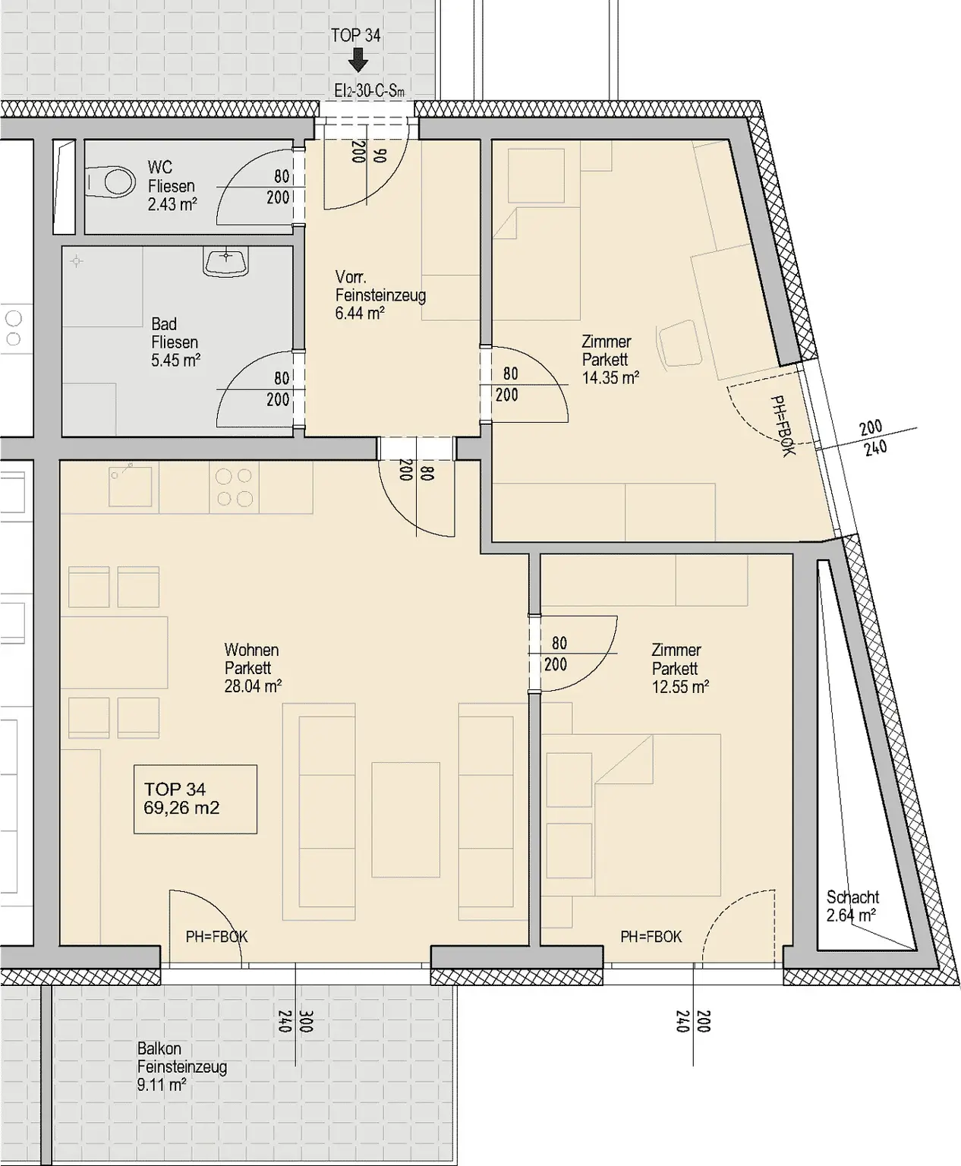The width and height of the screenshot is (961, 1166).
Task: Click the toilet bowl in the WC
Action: click(x=112, y=181)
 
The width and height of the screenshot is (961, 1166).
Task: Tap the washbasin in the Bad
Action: click(x=226, y=263)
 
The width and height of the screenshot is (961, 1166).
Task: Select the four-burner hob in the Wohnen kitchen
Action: click(x=234, y=487)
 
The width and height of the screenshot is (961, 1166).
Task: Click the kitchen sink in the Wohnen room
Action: click(x=130, y=486)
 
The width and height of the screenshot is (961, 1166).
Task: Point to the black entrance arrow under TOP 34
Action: click(x=358, y=60)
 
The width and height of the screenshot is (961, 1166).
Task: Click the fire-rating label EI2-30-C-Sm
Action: click(x=369, y=90)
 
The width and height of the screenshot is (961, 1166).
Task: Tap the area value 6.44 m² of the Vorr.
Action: click(x=360, y=314)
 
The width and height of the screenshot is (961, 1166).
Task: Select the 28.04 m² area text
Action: click(x=253, y=685)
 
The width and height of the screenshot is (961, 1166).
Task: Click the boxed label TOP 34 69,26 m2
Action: click(x=195, y=799)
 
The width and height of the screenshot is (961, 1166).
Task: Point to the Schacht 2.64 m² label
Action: click(x=852, y=906)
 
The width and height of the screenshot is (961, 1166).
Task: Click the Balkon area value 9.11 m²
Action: click(x=162, y=1085)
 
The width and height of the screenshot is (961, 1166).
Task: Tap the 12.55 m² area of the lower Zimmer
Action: click(x=680, y=686)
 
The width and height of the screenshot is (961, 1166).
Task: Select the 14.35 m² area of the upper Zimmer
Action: click(x=610, y=378)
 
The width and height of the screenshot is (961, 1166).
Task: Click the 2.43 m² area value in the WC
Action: click(x=172, y=205)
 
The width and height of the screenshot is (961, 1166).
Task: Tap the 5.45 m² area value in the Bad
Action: click(x=175, y=361)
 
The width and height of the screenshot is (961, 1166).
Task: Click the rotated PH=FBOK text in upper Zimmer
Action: click(x=783, y=426)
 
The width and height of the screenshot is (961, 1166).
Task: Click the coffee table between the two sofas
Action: click(x=406, y=819)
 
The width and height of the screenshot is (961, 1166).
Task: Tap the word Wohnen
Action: click(x=251, y=650)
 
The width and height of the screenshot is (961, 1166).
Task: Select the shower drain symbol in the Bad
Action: click(x=77, y=261)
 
